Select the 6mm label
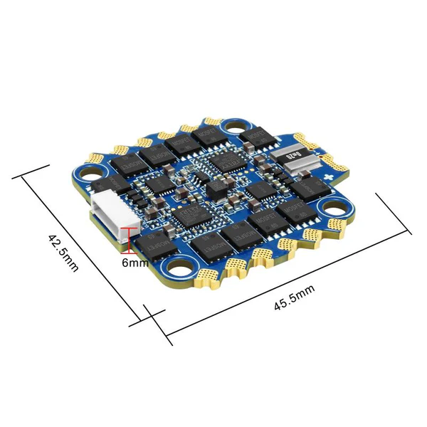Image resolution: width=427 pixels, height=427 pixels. point(135,263)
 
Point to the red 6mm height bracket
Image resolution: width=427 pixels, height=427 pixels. point(128,239)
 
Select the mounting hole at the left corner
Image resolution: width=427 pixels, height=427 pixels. point(91,172)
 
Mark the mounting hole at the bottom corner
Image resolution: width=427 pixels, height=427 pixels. point(176,268)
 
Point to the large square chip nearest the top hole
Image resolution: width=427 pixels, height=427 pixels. point(211,164)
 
